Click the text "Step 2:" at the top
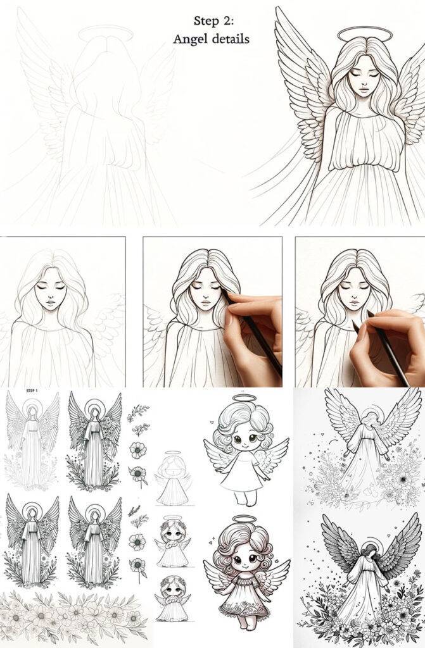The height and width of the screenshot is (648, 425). click(210, 21)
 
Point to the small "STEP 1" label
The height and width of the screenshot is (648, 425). click(32, 390)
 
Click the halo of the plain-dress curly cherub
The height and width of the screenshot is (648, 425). click(245, 399)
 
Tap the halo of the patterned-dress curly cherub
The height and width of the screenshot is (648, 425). click(245, 518)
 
